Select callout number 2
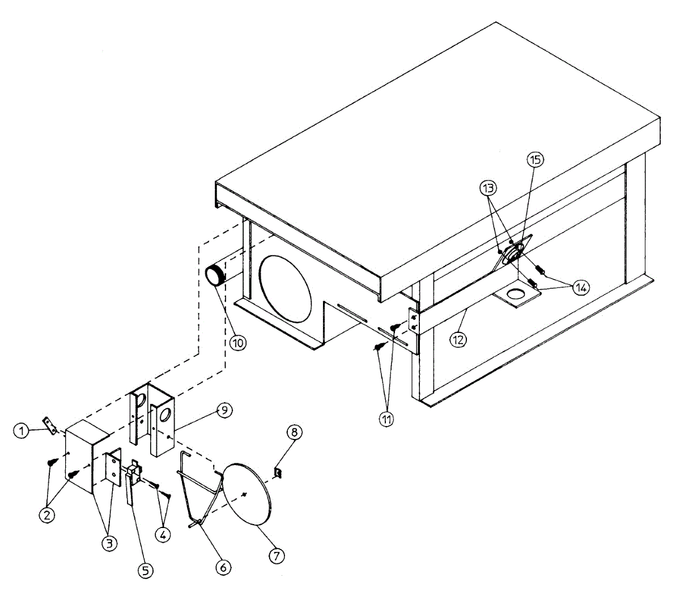coord(46,515)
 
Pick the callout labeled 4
coord(163,534)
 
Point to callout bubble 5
coord(146,569)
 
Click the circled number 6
coord(223,566)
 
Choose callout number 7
coord(276,555)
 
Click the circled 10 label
coord(238,343)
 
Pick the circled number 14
coord(580,288)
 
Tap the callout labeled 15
coord(535,160)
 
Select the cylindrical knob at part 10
coord(215,277)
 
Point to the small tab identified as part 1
coord(50,425)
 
